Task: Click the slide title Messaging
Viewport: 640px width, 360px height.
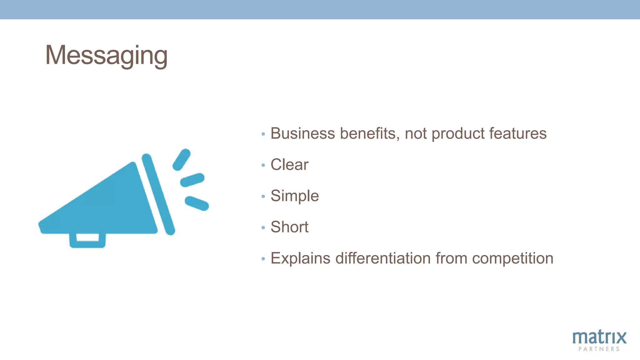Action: pos(106,55)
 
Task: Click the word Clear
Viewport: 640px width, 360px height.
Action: pos(289,165)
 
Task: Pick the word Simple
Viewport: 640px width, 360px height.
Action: pos(295,196)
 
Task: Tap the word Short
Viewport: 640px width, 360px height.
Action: pos(289,227)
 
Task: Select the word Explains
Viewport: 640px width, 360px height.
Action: pos(300,258)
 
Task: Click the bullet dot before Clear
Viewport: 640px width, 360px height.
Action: pos(263,165)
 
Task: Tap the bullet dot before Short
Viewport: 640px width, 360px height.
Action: pos(263,228)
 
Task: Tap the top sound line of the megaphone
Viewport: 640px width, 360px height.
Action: pos(182,159)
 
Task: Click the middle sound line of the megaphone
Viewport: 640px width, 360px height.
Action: pos(192,180)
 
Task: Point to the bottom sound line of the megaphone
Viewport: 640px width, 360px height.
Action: pos(197,203)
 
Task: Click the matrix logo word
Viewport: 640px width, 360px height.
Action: pos(599,337)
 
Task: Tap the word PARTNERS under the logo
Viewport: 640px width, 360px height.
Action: pos(599,349)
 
